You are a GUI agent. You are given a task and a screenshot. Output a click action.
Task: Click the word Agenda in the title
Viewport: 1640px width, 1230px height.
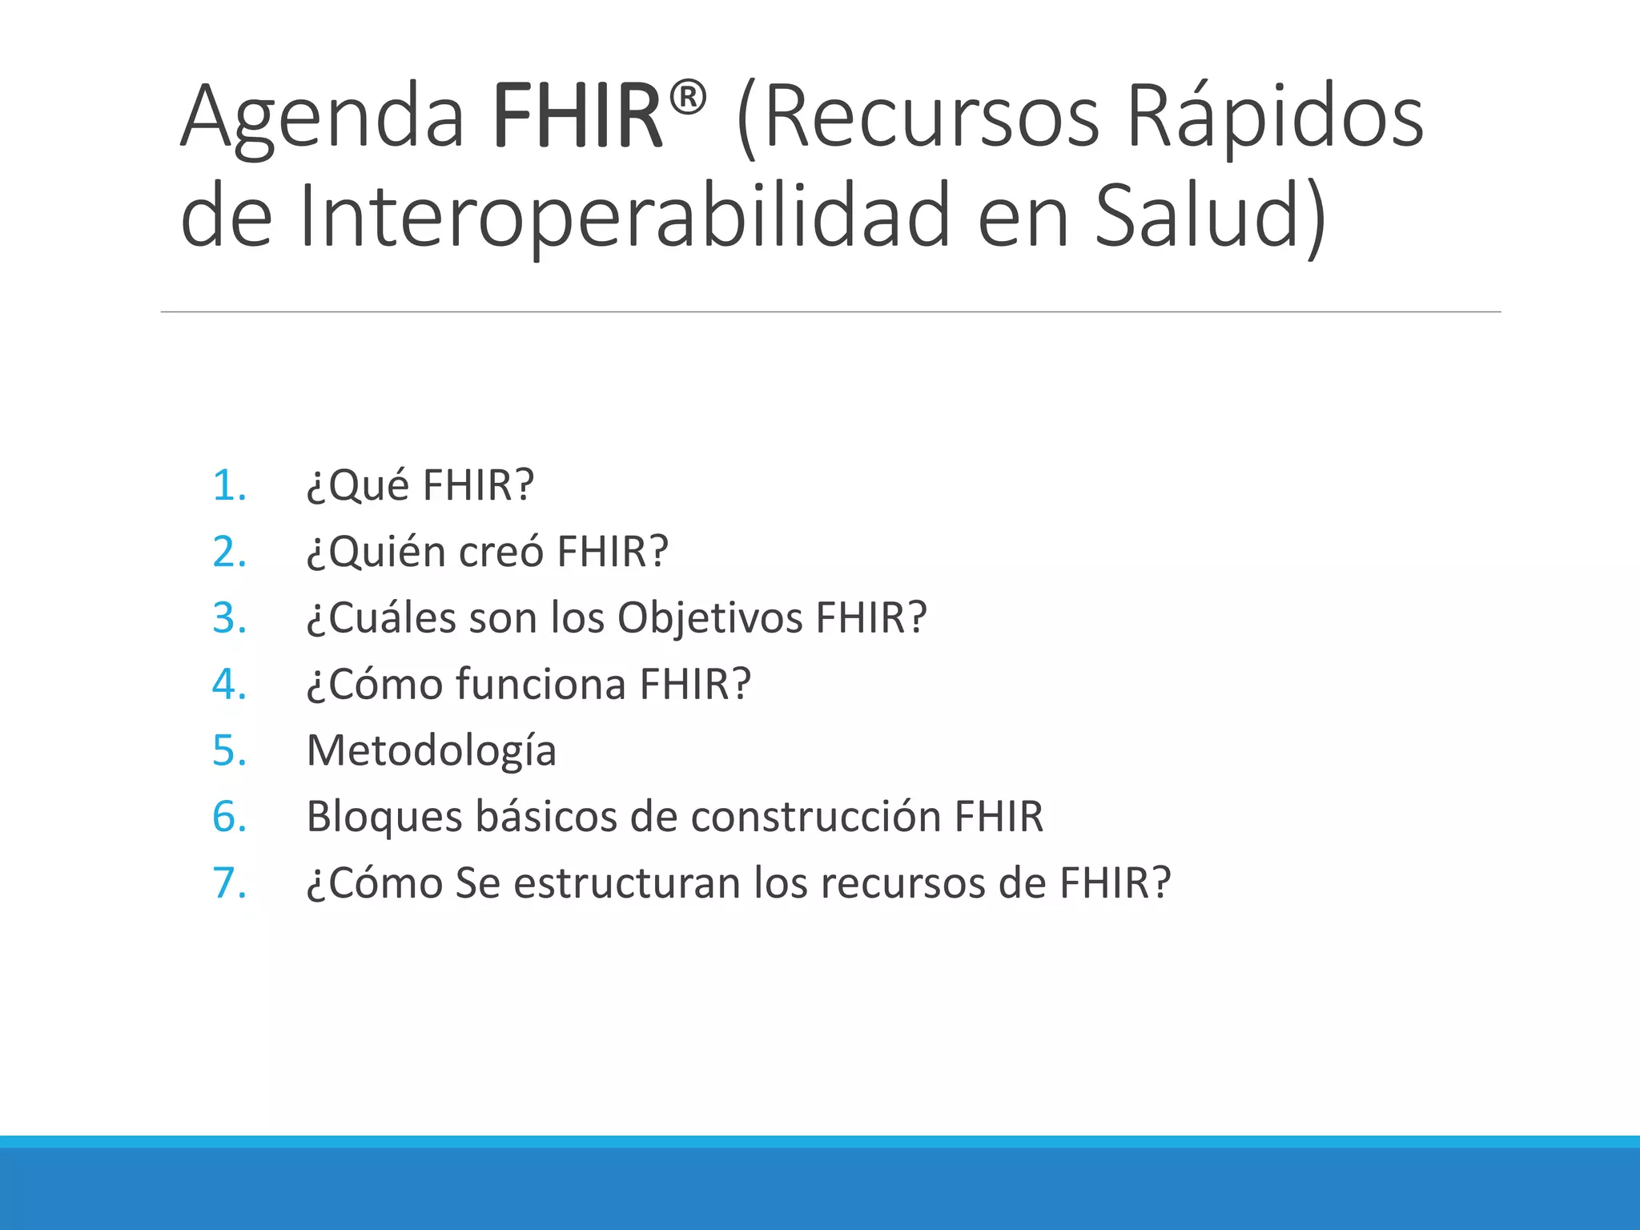tap(322, 118)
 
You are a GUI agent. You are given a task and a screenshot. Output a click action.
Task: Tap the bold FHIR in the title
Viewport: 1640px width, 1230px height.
tap(577, 118)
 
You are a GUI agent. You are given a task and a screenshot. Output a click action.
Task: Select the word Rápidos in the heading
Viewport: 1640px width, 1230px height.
tap(1275, 118)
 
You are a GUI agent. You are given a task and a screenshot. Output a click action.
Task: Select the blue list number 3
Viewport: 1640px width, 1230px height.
tap(230, 619)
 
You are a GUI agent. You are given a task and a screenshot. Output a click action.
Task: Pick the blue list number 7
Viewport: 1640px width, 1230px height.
tap(230, 884)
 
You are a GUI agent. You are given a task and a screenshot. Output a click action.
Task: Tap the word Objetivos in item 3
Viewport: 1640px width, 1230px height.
tap(710, 619)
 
